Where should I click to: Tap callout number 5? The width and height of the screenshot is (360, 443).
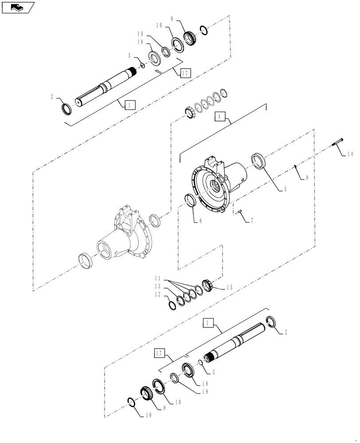(285, 189)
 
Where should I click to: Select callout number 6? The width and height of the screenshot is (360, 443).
(200, 220)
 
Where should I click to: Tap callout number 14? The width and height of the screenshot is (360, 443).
(350, 154)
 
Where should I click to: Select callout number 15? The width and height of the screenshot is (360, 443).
(230, 287)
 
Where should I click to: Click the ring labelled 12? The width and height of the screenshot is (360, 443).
(172, 305)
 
